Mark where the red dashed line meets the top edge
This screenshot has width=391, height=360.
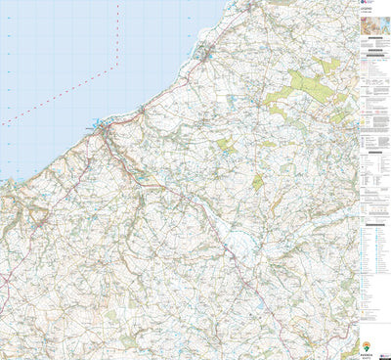pos(117,1)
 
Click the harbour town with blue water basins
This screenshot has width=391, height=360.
pos(101,125)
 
